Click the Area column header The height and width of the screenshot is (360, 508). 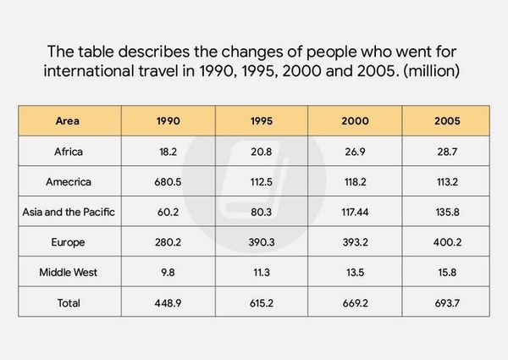point(69,121)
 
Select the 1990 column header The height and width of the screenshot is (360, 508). point(168,121)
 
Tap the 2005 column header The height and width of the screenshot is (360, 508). point(445,121)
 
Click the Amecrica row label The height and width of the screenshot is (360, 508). point(69,181)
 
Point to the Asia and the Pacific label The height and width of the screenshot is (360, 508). point(69,212)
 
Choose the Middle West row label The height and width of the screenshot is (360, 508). point(69,272)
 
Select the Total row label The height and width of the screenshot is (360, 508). point(69,302)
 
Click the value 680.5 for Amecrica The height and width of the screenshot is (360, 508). point(168,181)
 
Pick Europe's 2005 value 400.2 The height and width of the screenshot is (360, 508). point(445,242)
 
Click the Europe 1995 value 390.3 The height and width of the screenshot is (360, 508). point(262,242)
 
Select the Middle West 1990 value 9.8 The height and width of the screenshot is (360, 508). point(168,272)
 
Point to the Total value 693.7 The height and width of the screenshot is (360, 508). point(445,302)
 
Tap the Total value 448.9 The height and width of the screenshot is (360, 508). point(168,302)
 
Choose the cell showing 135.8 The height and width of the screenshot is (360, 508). point(445,212)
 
